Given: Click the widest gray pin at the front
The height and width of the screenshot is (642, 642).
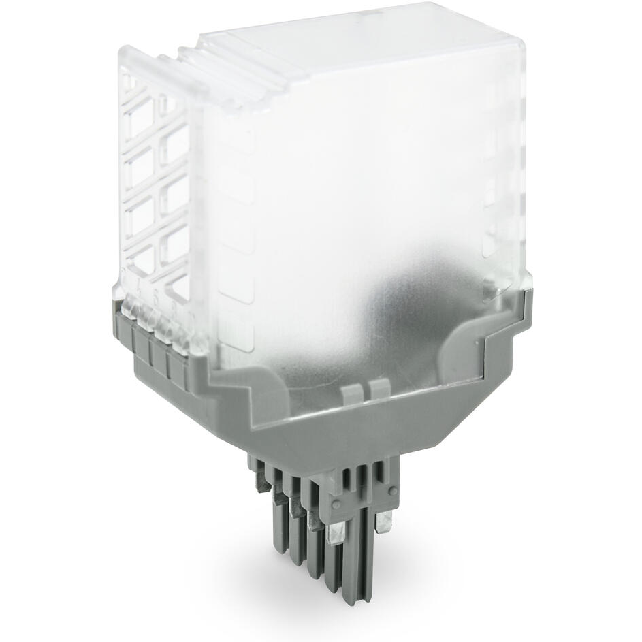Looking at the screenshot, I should point(356,558).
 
